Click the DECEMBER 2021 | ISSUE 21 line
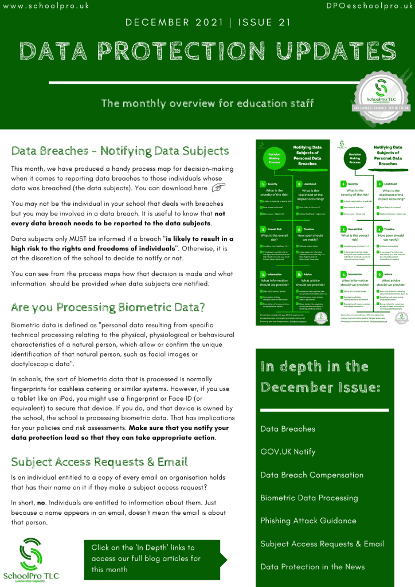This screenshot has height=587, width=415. [x=207, y=24]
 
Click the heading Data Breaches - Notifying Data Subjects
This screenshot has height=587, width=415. [x=120, y=151]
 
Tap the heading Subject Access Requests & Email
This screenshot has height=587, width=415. [x=99, y=461]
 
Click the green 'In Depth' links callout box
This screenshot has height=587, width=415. [x=152, y=558]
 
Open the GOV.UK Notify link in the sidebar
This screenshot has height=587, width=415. [x=288, y=452]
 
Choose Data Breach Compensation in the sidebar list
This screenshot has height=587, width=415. [x=312, y=475]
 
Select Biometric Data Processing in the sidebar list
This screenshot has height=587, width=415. [x=309, y=498]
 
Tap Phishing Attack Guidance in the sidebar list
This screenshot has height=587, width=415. [x=308, y=521]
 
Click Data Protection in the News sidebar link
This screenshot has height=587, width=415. [x=312, y=566]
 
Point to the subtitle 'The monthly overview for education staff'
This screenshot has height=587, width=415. [x=207, y=103]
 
